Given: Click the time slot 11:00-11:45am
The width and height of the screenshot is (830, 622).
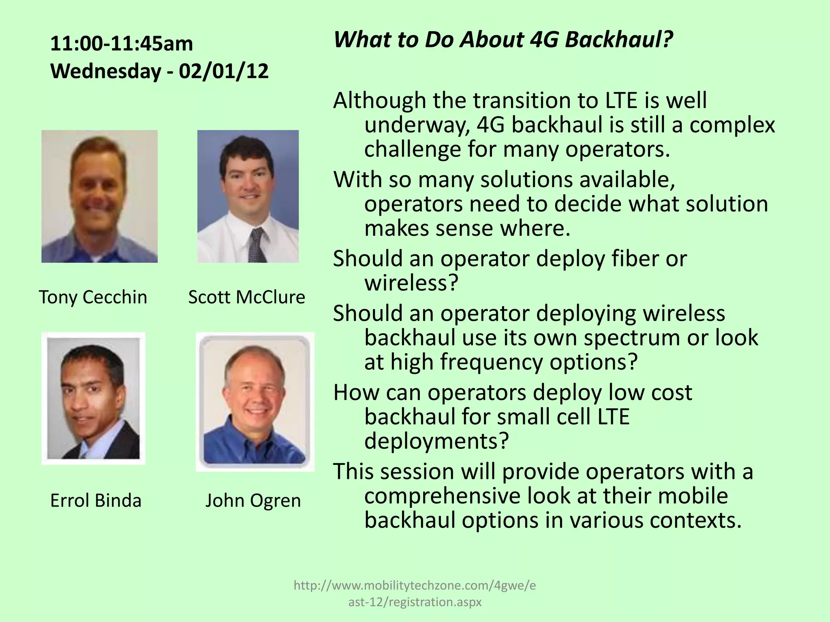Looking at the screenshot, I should [122, 44].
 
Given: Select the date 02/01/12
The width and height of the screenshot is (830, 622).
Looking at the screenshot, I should [224, 71].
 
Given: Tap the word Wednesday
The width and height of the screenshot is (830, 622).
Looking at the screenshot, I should [105, 71].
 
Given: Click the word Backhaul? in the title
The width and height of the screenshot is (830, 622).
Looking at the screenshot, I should [619, 40].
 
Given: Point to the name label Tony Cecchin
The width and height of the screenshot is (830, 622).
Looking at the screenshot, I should [93, 297].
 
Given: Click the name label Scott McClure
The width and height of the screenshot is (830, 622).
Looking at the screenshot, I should [246, 297].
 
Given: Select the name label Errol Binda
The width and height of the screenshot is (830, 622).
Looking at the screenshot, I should [96, 501].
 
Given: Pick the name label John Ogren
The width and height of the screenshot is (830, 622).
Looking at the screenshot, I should [253, 501].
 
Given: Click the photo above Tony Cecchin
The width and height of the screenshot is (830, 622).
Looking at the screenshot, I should [99, 196].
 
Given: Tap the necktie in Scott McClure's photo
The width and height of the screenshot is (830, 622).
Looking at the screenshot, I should [257, 245].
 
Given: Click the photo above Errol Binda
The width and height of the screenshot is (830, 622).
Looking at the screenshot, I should [93, 398].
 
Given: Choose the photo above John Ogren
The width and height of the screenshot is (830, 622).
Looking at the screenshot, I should [255, 402].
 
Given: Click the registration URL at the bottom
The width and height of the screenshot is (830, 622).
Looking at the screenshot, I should [415, 593].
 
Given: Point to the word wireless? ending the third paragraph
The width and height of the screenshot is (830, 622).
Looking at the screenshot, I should [411, 283].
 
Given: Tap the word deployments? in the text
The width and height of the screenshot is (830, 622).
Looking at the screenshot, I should [436, 441].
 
